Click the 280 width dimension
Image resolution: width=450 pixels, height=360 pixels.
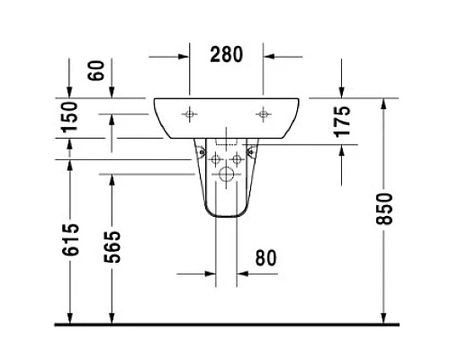click(x=226, y=55)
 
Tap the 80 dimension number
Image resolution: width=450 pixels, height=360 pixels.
click(x=265, y=258)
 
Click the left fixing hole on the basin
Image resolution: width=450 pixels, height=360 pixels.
click(x=191, y=114)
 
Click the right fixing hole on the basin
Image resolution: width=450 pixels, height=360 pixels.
click(x=263, y=114)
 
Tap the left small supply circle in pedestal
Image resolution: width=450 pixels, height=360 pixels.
click(x=217, y=158)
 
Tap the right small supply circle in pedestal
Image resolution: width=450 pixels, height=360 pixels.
click(x=237, y=158)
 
